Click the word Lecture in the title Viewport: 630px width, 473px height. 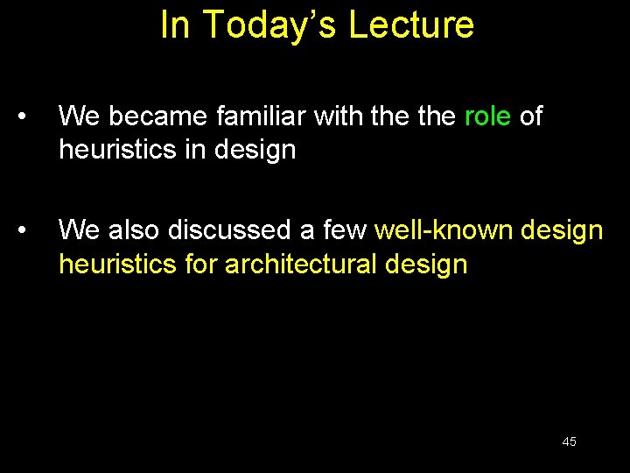(411, 25)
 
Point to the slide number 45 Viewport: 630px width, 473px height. (569, 441)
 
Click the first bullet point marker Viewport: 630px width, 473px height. (30, 116)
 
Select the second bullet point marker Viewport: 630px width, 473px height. (30, 230)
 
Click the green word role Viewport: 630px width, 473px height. (487, 116)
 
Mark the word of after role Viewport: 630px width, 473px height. (531, 116)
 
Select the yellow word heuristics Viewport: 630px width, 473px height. (117, 264)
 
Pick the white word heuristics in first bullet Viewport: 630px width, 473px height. (117, 150)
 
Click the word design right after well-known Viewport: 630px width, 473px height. (562, 229)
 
